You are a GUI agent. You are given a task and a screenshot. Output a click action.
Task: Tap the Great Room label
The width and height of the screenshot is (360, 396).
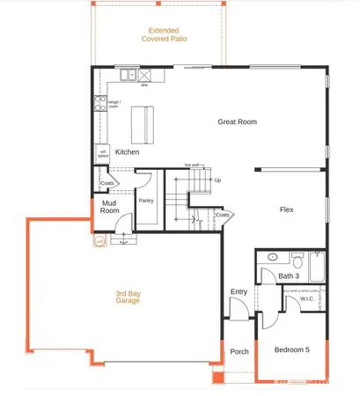(x=237, y=121)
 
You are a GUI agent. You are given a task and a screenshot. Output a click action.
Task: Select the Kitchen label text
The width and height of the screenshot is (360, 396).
(x=128, y=152)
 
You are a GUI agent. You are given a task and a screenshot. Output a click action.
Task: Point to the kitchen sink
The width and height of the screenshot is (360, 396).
(x=129, y=76)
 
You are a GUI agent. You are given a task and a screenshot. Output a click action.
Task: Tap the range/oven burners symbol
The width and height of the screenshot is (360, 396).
(x=100, y=104)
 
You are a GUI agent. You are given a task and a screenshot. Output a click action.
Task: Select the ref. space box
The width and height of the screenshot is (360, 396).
(x=103, y=152)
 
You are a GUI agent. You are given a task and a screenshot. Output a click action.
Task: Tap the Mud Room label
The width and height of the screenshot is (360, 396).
(x=108, y=207)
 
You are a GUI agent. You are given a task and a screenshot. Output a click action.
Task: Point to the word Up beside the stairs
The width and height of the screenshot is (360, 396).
(x=217, y=180)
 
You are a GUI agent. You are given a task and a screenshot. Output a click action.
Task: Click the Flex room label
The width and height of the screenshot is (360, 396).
(x=286, y=209)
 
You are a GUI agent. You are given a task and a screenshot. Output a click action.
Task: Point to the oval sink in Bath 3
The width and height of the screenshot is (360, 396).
(x=274, y=258)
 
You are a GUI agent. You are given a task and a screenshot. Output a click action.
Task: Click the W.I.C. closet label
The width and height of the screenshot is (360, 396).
(x=306, y=298)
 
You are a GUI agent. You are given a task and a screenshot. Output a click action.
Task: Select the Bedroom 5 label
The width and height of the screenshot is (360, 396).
(x=291, y=350)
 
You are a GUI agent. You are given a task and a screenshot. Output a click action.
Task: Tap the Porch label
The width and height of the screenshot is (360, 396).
(x=239, y=351)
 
